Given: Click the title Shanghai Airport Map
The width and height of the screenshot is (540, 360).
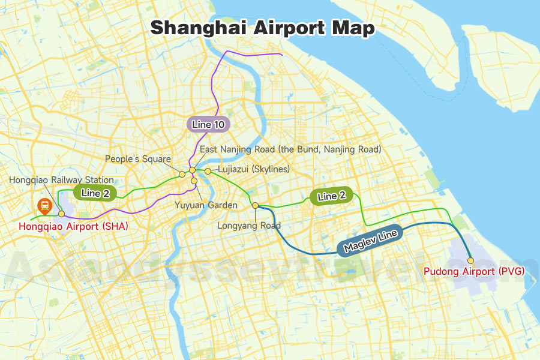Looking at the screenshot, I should pyautogui.click(x=262, y=28).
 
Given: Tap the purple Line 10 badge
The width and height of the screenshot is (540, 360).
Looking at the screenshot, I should pyautogui.click(x=208, y=124).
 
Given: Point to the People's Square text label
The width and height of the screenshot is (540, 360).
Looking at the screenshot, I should pyautogui.click(x=137, y=159).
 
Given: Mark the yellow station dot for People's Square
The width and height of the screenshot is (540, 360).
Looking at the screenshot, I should pyautogui.click(x=182, y=174).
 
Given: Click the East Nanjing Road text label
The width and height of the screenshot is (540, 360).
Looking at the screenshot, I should pyautogui.click(x=290, y=149).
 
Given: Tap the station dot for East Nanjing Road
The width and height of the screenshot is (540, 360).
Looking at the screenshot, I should pyautogui.click(x=192, y=170).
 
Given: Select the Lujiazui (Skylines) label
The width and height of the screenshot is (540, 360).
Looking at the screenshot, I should pyautogui.click(x=254, y=170).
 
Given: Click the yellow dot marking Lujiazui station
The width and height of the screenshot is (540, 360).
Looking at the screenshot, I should pyautogui.click(x=208, y=172).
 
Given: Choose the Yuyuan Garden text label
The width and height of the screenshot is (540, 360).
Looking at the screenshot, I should pyautogui.click(x=206, y=205).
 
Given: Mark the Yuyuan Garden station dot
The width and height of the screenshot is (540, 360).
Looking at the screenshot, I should pyautogui.click(x=194, y=181).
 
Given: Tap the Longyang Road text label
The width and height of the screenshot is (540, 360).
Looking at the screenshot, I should pyautogui.click(x=249, y=226).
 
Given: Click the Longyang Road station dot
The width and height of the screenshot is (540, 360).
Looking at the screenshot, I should pyautogui.click(x=255, y=206).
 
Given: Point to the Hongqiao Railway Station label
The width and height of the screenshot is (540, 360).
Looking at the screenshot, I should pyautogui.click(x=61, y=180).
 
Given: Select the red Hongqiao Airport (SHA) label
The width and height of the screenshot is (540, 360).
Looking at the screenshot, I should pyautogui.click(x=73, y=226).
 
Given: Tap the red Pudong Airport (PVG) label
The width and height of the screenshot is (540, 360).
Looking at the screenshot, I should pyautogui.click(x=474, y=271).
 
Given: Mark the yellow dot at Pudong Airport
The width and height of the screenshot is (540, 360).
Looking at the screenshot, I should pyautogui.click(x=471, y=260).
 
